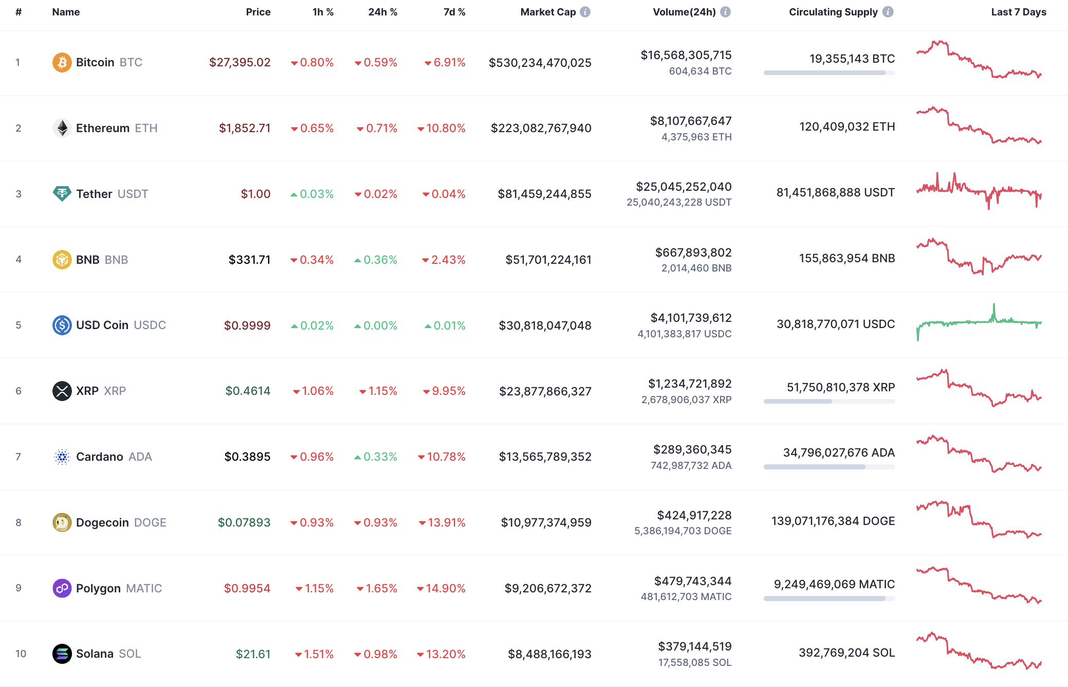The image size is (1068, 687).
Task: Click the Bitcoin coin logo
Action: point(62,62)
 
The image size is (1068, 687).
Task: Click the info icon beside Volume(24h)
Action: point(725,12)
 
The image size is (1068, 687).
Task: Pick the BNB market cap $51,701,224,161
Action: point(548,260)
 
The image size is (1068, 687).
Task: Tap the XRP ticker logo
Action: point(62,391)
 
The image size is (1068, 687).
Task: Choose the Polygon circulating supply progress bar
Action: point(828,599)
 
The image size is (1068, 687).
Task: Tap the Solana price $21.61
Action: point(253,654)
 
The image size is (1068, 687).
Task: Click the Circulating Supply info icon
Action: point(888,12)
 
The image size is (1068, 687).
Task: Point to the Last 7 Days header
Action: point(1018,12)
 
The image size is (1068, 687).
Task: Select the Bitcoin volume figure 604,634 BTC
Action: point(699,71)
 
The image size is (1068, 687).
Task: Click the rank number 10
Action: point(21,654)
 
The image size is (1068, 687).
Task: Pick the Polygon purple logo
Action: point(62,588)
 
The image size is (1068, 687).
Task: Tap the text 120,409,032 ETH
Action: point(846,126)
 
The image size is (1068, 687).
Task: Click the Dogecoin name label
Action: point(102,522)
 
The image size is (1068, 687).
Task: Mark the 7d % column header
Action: point(454,12)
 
